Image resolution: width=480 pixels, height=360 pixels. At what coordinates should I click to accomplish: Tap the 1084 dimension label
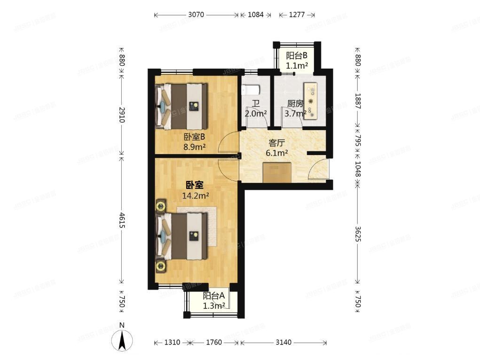tap(255, 15)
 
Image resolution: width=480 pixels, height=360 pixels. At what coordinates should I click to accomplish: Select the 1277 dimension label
tap(297, 15)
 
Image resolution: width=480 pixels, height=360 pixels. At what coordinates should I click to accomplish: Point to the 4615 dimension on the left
tap(122, 220)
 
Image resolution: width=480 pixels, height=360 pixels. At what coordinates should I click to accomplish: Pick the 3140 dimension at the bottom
tap(283, 342)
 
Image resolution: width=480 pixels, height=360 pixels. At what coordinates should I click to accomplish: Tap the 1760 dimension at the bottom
tap(214, 342)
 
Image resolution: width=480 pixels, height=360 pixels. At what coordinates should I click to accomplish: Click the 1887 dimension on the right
tap(358, 100)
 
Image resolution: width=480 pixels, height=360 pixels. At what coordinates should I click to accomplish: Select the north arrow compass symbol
tap(122, 337)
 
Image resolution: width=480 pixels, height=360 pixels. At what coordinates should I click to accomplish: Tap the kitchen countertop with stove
tap(311, 101)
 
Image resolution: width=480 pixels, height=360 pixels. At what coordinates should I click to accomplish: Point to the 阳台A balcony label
tap(214, 296)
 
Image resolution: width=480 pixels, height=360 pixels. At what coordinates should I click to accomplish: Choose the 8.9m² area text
tap(194, 147)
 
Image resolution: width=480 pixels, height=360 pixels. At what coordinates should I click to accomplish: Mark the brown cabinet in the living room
tap(277, 172)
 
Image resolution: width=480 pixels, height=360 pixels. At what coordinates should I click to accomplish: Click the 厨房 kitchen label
tap(295, 104)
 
